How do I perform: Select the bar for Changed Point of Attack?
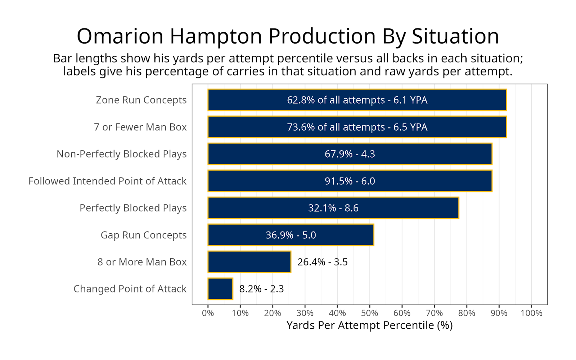point(220,289)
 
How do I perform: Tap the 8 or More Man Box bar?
point(249,262)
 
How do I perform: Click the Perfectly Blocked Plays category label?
point(133,208)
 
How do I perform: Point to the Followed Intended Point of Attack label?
point(107,181)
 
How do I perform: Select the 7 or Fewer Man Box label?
point(140,127)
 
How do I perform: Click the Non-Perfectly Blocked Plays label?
point(121,154)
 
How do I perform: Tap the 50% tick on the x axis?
point(369,313)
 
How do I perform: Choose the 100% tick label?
point(531,313)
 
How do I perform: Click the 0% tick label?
point(208,313)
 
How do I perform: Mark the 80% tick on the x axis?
point(467,313)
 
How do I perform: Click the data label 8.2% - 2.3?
point(261,289)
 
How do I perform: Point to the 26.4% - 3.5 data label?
point(322,262)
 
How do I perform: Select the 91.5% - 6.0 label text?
point(350,181)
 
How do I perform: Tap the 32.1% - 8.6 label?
point(333,208)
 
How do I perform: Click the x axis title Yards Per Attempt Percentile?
point(369,325)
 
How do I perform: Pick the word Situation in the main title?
point(455,36)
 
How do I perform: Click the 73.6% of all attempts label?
point(357,127)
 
